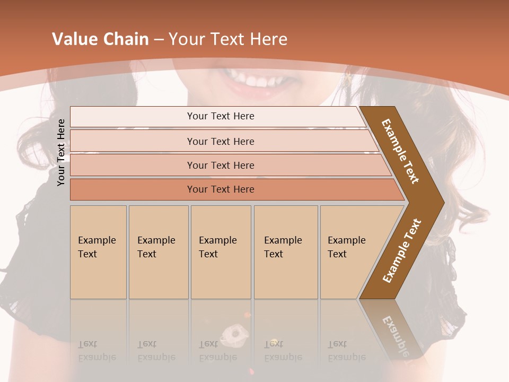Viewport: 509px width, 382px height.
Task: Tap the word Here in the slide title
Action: point(268,39)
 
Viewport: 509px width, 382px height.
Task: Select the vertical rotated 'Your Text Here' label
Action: point(61,152)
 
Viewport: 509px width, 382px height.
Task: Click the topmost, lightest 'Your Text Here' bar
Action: point(221,116)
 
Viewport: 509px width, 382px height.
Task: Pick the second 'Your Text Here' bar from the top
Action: point(221,141)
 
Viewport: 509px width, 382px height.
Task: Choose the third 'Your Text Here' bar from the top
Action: point(221,165)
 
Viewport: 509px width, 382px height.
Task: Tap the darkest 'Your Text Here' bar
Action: point(221,189)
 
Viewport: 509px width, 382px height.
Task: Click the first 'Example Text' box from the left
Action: point(98,252)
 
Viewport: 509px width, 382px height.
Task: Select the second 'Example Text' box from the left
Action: point(158,252)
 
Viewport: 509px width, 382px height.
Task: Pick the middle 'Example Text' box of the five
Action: point(221,252)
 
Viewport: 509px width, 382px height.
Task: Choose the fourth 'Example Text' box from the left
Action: point(286,252)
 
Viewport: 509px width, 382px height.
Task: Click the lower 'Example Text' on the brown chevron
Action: point(402,250)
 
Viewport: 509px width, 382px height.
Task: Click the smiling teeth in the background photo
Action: point(254,80)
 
